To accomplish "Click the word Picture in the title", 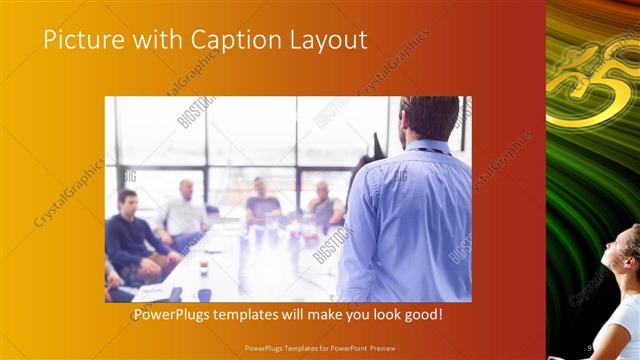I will [x=78, y=40].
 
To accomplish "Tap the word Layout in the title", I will [x=325, y=40].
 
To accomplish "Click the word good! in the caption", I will [x=422, y=315].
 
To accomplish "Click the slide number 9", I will [x=591, y=347].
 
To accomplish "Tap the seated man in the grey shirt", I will [x=322, y=205].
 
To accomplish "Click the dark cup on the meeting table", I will [x=203, y=268].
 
